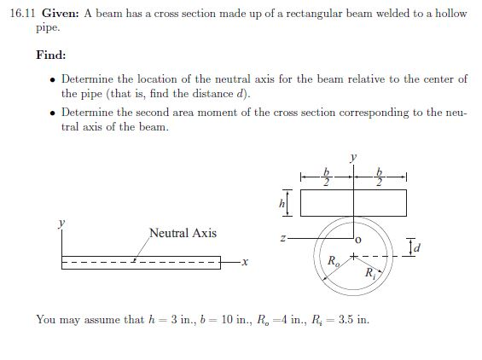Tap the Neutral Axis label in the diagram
[183, 232]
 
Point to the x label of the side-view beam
[244, 261]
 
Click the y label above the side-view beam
[61, 224]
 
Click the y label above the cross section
[351, 157]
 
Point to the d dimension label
[416, 249]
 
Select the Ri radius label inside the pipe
[369, 273]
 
